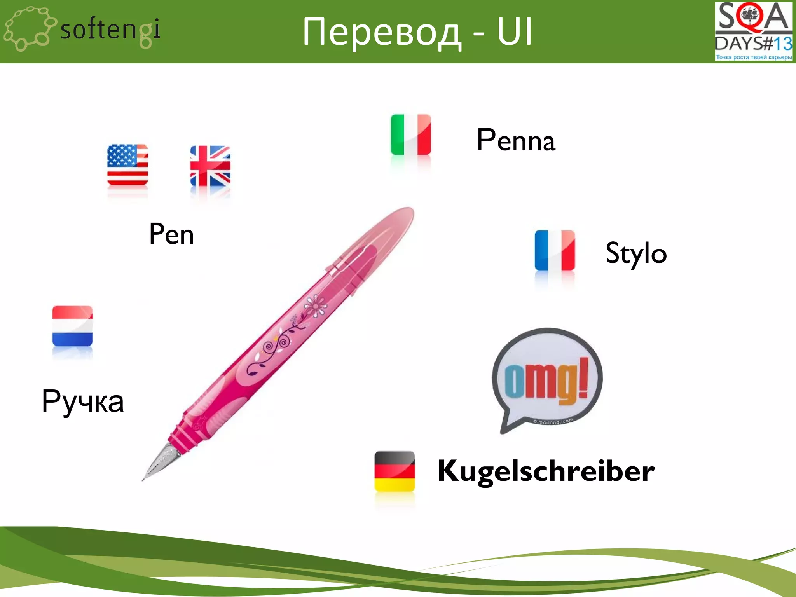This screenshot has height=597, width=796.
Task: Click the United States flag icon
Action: [x=127, y=165]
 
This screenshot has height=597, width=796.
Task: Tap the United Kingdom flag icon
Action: [x=210, y=166]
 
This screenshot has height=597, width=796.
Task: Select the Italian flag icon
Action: [x=411, y=134]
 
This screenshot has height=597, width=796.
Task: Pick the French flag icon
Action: [x=555, y=250]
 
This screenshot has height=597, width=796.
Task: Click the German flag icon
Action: [x=395, y=471]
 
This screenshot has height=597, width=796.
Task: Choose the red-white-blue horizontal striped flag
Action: [x=72, y=326]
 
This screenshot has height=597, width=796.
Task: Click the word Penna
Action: [x=516, y=140]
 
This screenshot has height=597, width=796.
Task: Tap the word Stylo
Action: [x=636, y=253]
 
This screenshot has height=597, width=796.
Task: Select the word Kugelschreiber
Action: [x=546, y=471]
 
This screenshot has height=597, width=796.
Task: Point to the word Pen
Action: [x=171, y=234]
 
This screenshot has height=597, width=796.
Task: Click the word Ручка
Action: [x=83, y=401]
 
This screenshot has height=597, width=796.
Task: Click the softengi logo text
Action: [x=110, y=30]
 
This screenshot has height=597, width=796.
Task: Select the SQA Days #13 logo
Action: [x=753, y=31]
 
